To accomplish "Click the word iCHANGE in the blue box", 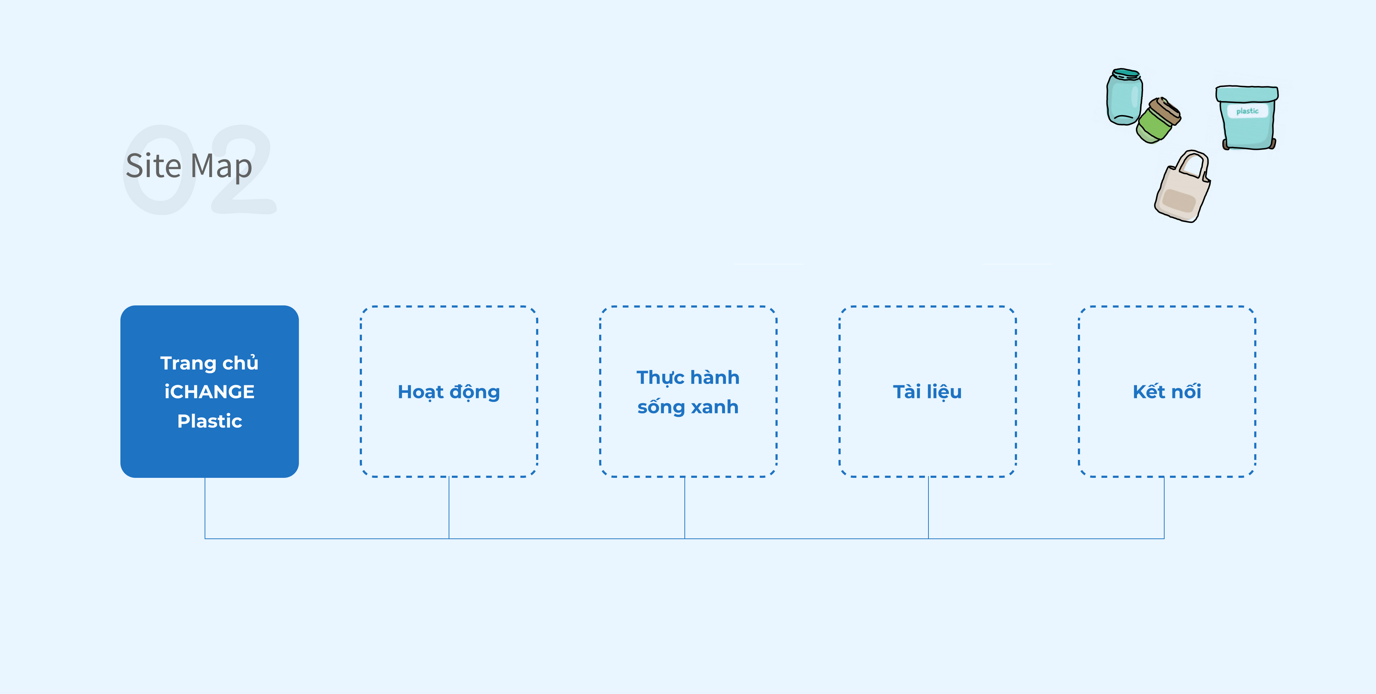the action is click(x=209, y=391).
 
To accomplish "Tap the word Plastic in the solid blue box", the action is click(x=209, y=421).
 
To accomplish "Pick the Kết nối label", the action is click(x=1167, y=391).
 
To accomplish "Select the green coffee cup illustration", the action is click(x=1158, y=121).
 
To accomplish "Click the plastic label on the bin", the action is click(x=1247, y=111).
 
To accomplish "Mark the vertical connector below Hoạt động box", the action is click(x=449, y=508).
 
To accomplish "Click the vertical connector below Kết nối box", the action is click(x=1164, y=508).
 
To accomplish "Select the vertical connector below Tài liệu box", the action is click(x=928, y=508).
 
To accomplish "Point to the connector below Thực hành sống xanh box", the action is click(x=685, y=508).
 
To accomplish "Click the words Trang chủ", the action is click(x=209, y=363).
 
